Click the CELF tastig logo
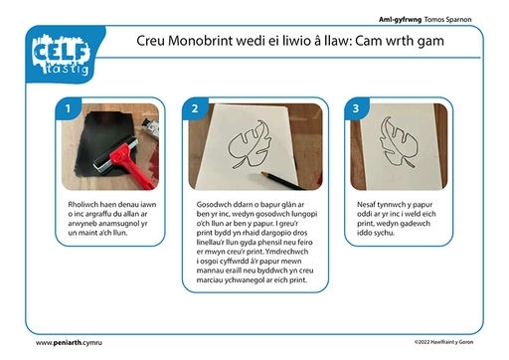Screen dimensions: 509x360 pos(62,55)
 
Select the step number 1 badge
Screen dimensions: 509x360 pos(68,108)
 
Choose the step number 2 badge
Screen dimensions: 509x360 pos(195,108)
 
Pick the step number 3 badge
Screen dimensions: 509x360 pos(356,108)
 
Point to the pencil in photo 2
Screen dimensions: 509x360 pos(282,181)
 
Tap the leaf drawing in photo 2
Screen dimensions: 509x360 pos(250,144)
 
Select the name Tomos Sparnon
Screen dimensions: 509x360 pos(447,20)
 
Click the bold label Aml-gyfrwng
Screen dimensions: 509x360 pos(400,20)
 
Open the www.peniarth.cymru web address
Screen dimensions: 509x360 pos(69,343)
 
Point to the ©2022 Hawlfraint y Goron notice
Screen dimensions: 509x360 pos(443,342)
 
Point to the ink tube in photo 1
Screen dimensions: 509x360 pos(149,126)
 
